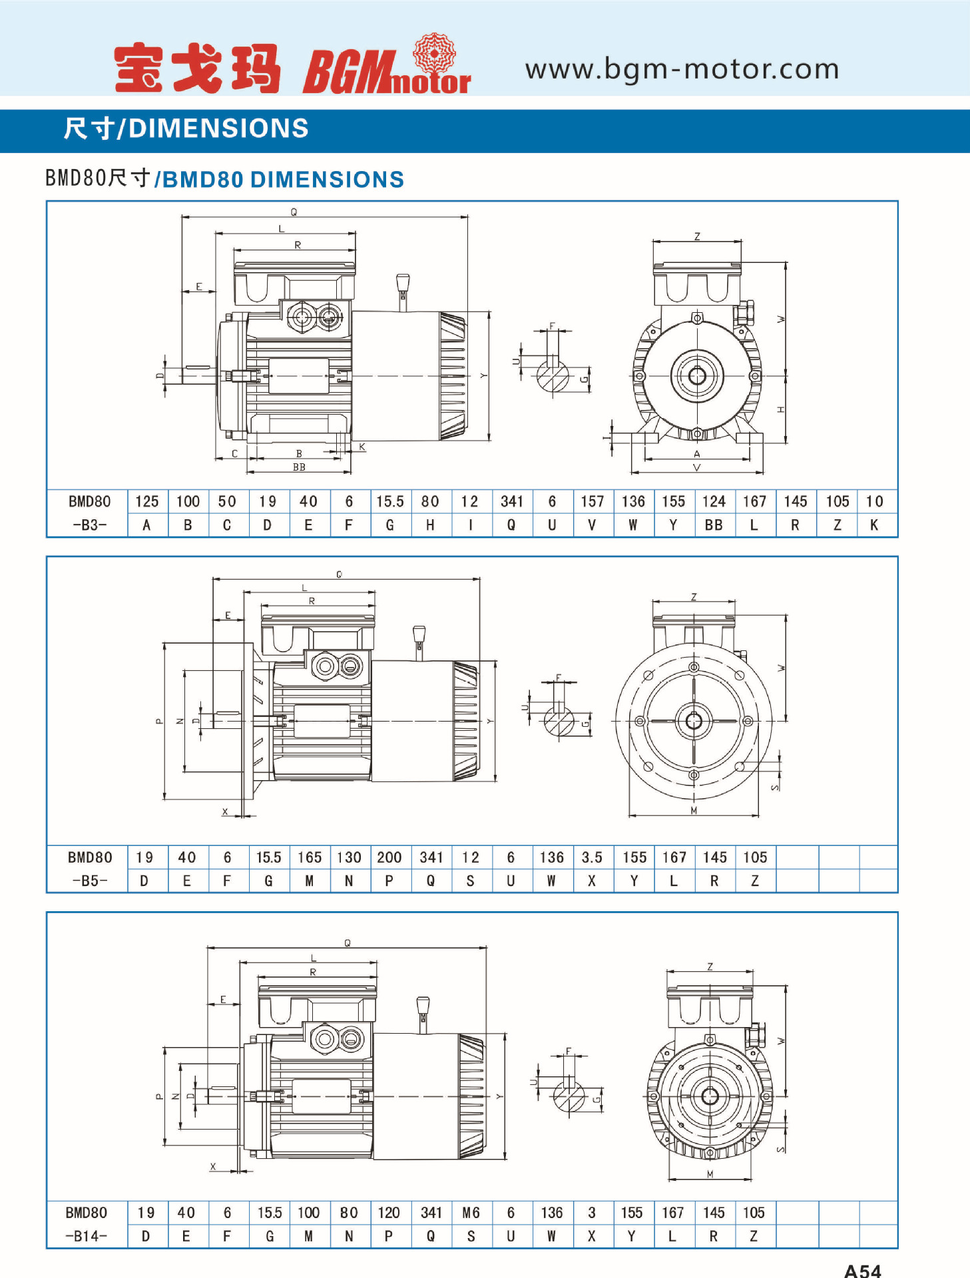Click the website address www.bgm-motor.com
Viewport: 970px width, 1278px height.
(682, 69)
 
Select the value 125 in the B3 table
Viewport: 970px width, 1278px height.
(147, 502)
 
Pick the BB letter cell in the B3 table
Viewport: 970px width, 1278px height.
(714, 525)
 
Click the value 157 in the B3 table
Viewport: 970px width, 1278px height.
(592, 502)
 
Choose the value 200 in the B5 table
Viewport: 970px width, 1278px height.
(389, 857)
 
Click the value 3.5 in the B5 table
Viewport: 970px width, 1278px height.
(592, 857)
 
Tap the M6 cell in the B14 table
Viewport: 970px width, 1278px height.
(471, 1213)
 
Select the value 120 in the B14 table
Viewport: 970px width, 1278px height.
(389, 1213)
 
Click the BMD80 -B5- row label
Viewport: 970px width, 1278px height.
(89, 869)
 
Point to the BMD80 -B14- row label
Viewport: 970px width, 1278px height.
(87, 1224)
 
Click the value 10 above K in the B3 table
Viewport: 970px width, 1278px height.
(874, 502)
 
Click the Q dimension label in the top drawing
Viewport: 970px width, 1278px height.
(294, 212)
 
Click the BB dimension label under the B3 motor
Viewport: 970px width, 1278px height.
(299, 467)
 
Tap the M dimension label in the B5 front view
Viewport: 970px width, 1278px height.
(694, 810)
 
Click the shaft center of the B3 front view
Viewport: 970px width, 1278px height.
(697, 376)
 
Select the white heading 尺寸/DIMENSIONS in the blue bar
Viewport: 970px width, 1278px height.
(186, 128)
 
